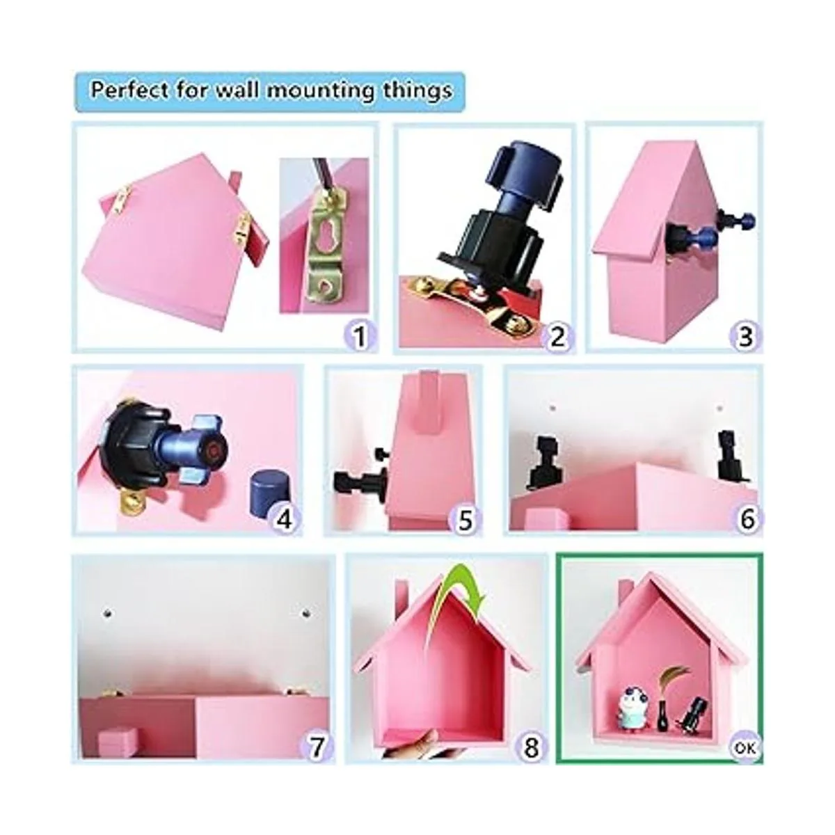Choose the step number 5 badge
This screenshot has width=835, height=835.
(465, 518)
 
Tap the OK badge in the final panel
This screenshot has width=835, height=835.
(745, 748)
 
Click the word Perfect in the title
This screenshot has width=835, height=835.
(129, 90)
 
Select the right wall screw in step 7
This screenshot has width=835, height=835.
(304, 613)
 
